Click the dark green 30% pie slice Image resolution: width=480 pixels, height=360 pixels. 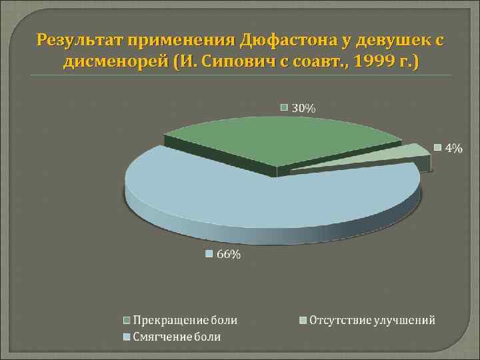click(280, 140)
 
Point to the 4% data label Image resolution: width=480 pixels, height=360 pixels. click(453, 148)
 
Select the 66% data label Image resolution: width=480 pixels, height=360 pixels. click(227, 254)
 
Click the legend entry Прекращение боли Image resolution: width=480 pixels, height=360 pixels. click(185, 321)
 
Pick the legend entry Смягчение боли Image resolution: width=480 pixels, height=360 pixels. click(177, 337)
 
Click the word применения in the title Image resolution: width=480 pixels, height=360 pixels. click(179, 41)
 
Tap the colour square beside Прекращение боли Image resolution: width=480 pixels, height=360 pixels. click(127, 321)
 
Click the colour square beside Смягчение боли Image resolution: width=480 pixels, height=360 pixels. click(127, 337)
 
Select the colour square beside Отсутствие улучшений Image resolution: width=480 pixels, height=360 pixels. click(303, 321)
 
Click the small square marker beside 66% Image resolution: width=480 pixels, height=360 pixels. click(209, 254)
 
